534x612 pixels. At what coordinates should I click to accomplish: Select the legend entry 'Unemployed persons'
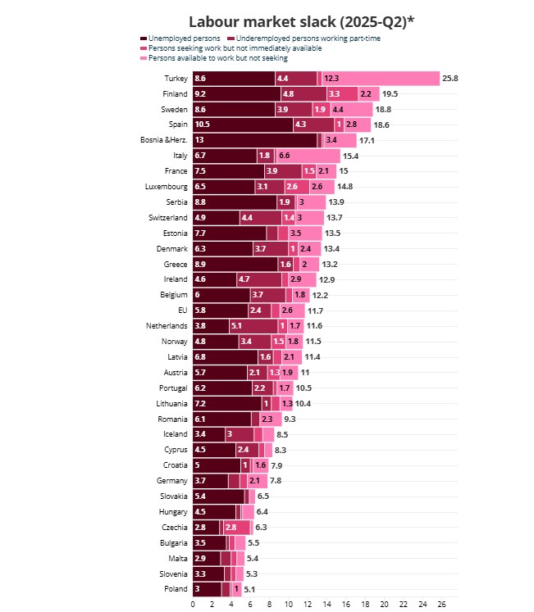[181, 39]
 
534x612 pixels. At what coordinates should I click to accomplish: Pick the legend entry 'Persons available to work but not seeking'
[217, 58]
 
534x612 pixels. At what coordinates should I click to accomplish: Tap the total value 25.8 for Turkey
[450, 79]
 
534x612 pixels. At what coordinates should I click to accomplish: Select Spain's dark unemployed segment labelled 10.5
[243, 125]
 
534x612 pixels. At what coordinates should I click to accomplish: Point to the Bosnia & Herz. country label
[164, 140]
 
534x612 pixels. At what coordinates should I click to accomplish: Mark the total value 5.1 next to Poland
[250, 589]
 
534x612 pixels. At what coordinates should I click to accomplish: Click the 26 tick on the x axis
[441, 605]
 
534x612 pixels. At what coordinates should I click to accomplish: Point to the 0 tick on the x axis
[193, 605]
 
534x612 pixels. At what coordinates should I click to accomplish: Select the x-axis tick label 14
[326, 605]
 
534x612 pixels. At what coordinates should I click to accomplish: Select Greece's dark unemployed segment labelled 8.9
[235, 264]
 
